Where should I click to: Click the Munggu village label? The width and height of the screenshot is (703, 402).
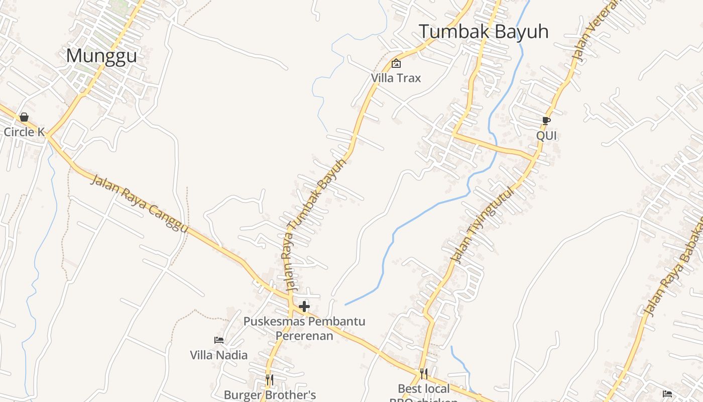click(101, 56)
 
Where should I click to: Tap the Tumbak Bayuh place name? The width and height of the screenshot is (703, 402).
click(484, 32)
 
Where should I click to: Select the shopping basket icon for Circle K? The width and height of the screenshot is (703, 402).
click(24, 117)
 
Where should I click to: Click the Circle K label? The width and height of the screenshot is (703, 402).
click(24, 132)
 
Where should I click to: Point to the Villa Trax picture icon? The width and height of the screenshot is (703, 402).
click(396, 63)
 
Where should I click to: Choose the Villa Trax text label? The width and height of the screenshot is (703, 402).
click(396, 78)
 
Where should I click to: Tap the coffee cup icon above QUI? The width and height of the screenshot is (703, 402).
click(546, 121)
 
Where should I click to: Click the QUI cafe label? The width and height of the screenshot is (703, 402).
click(546, 136)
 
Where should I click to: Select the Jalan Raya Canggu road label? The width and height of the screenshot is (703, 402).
click(139, 203)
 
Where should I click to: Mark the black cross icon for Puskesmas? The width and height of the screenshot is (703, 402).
click(304, 306)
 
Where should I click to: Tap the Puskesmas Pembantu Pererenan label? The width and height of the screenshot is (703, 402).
click(304, 328)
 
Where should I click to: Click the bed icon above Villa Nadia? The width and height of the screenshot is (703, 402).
click(219, 340)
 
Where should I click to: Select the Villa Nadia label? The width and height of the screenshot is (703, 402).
click(218, 355)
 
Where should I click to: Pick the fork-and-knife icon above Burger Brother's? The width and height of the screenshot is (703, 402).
click(270, 379)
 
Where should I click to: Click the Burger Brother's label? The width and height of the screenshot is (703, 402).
click(270, 394)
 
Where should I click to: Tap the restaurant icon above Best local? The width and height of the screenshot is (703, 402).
click(424, 373)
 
